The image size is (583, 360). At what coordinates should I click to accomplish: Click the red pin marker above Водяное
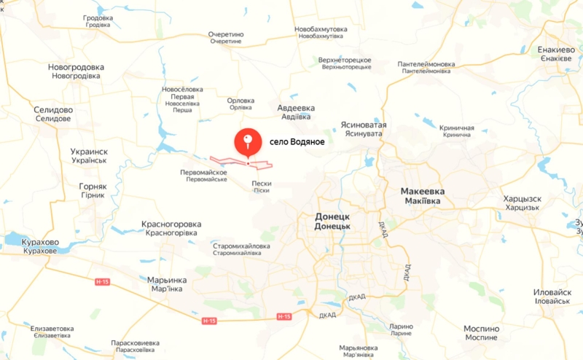tap(248, 140)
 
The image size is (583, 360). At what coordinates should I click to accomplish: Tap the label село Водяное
tap(297, 141)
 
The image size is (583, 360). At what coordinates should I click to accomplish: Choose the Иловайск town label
tap(552, 296)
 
